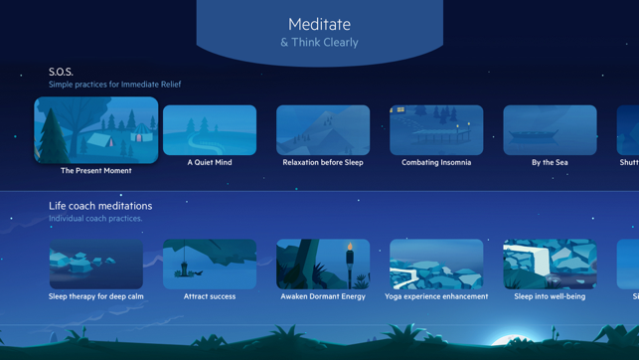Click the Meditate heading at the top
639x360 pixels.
point(319,24)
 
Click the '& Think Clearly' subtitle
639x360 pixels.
point(319,43)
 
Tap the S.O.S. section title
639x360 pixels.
point(61,72)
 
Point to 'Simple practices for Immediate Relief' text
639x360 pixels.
point(114,85)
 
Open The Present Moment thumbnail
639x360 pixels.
point(96,130)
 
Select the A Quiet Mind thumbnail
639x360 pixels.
point(210,129)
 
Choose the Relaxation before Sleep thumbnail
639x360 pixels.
point(323,129)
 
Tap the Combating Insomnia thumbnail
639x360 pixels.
point(436,129)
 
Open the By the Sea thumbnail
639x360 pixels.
point(550,129)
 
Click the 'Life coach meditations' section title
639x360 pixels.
point(100,206)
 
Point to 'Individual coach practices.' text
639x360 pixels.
point(95,219)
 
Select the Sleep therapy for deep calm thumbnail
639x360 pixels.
point(96,264)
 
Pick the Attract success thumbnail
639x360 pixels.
point(210,264)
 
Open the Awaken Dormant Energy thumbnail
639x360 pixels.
point(323,264)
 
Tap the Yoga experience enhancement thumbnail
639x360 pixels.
point(436,264)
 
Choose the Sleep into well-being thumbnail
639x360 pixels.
point(550,264)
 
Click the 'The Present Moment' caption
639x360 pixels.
point(96,171)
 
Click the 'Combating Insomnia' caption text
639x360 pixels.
point(436,162)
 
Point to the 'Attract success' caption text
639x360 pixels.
point(210,296)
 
